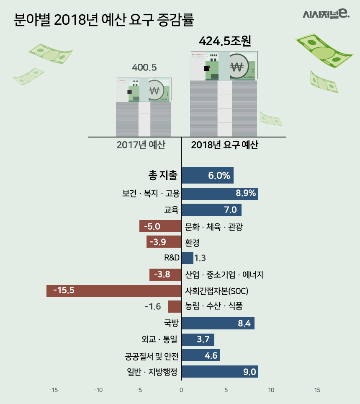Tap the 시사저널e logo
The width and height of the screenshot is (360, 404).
(326, 15)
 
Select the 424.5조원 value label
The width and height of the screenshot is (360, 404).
(225, 41)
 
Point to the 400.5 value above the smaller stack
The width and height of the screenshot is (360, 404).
(144, 67)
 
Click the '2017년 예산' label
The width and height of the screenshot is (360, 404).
(141, 145)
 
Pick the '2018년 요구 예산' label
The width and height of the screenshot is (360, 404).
(225, 145)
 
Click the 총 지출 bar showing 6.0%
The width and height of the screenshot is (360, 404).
(207, 176)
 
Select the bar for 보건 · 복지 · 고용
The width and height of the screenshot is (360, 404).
(220, 194)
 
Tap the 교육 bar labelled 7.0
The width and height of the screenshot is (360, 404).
(211, 210)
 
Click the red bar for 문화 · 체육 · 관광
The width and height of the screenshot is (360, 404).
(160, 227)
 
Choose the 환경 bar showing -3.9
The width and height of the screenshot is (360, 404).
(164, 242)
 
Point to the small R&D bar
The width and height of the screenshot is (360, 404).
(187, 258)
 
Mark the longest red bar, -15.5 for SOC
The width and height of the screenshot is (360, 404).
(114, 290)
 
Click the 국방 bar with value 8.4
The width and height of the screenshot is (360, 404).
(218, 323)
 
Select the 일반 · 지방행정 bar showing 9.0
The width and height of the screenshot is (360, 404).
(220, 372)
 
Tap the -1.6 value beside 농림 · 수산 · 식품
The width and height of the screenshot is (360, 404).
(153, 307)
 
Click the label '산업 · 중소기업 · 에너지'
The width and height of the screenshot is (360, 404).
(224, 275)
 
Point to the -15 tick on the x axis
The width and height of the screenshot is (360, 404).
(54, 390)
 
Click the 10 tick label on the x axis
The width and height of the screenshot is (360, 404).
(271, 390)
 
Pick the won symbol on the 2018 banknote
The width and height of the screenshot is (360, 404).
(237, 67)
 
